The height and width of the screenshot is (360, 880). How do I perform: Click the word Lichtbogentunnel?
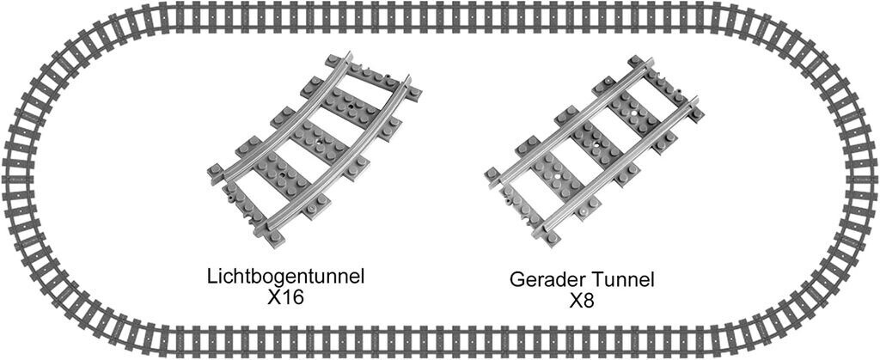286,277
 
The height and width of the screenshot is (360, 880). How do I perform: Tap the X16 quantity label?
285,297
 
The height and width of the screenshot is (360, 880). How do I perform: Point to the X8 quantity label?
582,301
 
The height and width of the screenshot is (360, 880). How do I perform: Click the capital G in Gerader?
516,279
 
